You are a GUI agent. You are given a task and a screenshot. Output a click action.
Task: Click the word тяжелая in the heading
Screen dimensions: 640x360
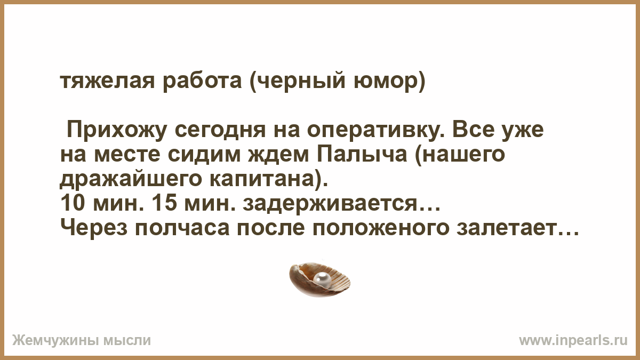tap(108, 82)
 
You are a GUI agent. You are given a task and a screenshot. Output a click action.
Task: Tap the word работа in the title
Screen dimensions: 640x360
tap(203, 82)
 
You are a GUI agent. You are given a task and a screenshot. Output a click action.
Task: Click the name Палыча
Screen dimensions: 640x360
tap(362, 155)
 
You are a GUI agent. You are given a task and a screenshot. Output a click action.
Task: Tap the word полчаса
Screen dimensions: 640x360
tap(182, 229)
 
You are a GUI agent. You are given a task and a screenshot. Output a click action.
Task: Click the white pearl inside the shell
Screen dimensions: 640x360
tap(323, 278)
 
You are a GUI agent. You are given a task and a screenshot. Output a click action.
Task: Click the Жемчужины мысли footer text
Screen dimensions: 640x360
tap(82, 341)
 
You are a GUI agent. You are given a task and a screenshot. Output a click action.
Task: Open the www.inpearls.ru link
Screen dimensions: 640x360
tap(573, 341)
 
